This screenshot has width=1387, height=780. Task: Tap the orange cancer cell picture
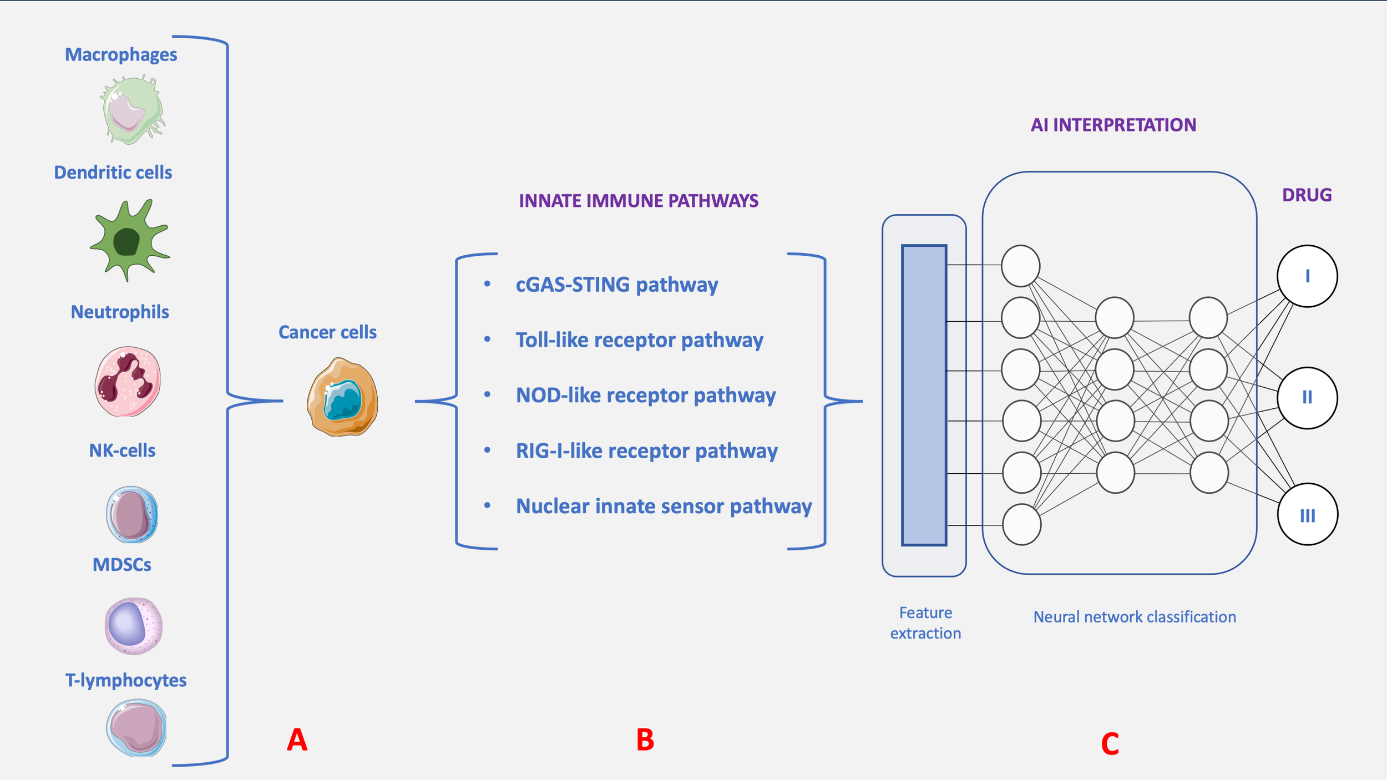[x=342, y=397]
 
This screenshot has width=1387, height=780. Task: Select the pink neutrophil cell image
[x=128, y=382]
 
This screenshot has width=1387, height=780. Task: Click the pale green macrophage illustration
[x=132, y=110]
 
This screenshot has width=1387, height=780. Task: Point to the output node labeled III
[x=1307, y=514]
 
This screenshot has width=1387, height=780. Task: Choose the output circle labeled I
[x=1307, y=276]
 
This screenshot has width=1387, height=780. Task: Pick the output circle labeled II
[x=1307, y=398]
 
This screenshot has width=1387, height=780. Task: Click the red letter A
[x=297, y=740]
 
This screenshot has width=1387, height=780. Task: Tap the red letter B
[x=645, y=740]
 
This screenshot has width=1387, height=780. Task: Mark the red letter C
[x=1110, y=744]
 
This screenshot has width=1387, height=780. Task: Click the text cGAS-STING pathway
[x=616, y=285]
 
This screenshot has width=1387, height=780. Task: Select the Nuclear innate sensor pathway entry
[x=664, y=507]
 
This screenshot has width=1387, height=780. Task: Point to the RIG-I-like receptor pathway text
[x=646, y=451]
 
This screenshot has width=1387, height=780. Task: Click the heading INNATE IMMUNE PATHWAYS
[x=638, y=201]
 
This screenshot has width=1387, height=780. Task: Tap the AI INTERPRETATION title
[x=1113, y=125]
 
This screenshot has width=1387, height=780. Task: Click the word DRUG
[x=1307, y=195]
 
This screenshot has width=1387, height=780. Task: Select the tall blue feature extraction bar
[x=924, y=395]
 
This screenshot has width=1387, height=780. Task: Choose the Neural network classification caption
[x=1135, y=617]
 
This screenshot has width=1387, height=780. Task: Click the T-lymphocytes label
[x=125, y=680]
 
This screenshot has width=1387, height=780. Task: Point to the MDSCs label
[x=122, y=565]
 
